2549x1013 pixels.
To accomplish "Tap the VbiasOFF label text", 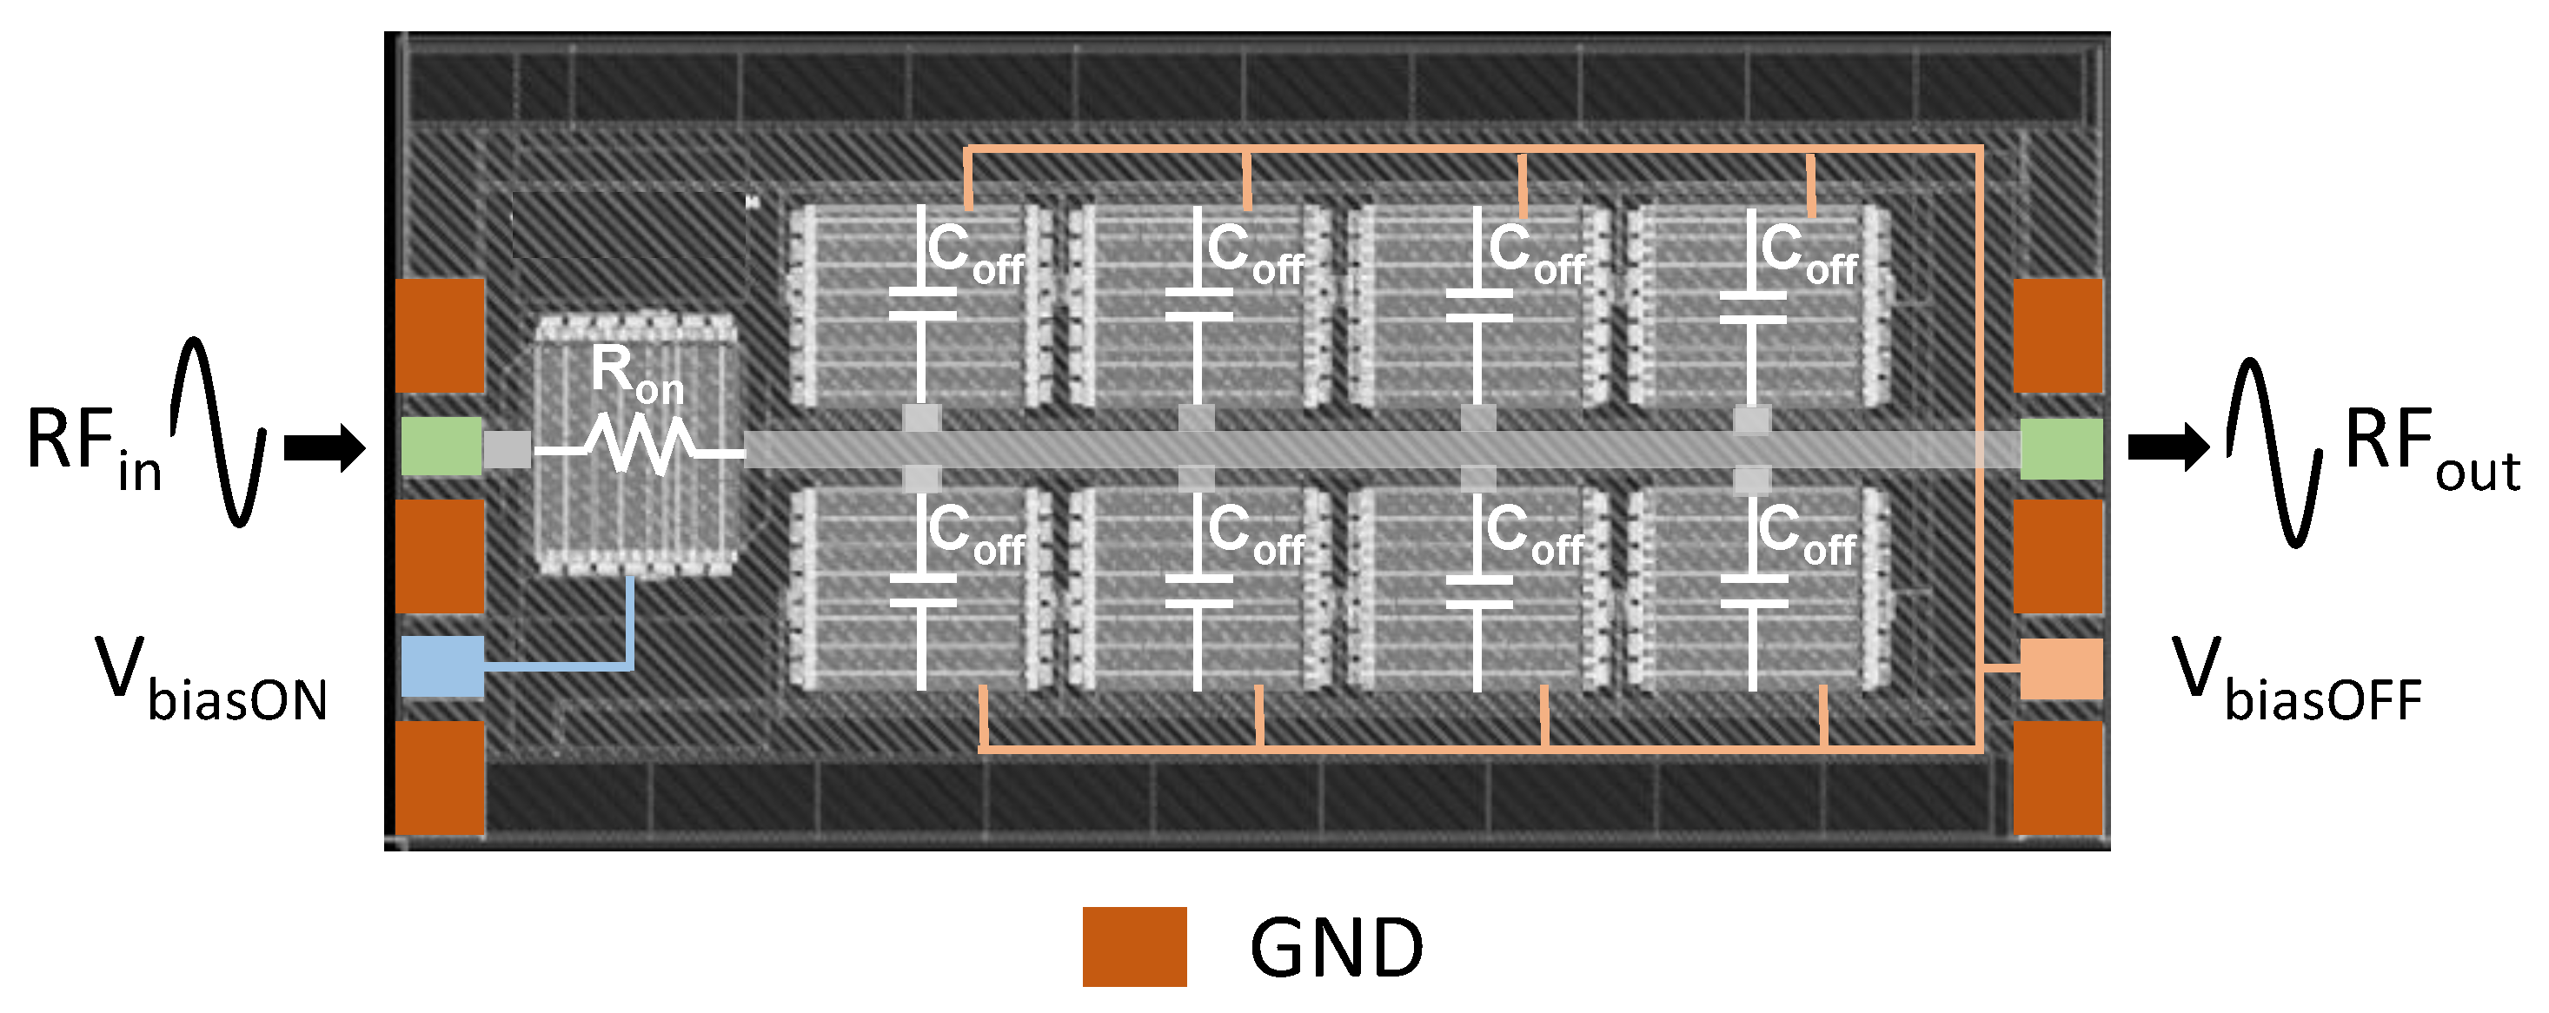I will (2296, 680).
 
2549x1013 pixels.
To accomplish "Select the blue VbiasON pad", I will (442, 665).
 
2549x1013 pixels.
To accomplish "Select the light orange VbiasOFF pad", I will (2061, 669).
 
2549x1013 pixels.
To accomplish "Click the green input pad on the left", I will (441, 447).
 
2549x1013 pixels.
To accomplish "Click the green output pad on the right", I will (2061, 448).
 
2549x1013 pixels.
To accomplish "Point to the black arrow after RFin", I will (324, 448).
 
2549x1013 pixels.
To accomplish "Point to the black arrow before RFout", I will (2168, 447).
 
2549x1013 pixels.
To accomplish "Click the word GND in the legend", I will (1336, 948).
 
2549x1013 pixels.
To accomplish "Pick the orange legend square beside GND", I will (1134, 947).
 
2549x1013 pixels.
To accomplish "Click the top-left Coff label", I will (975, 254).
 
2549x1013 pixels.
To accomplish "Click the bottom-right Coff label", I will (1807, 534).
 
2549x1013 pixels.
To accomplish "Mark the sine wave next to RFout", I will (2274, 452).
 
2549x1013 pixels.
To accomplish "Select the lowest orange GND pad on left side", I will (441, 778).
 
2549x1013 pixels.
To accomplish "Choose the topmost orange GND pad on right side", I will (2058, 335).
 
